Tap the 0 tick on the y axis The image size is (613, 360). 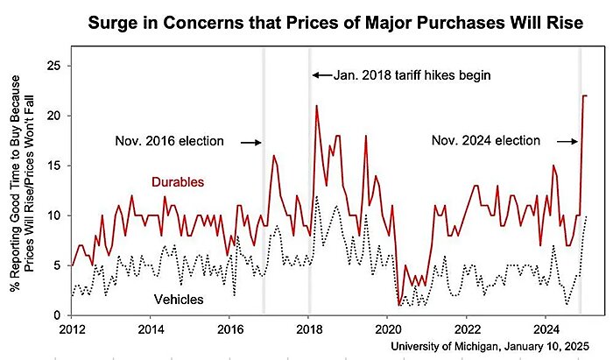pyautogui.click(x=56, y=315)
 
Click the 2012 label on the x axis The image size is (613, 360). pyautogui.click(x=72, y=330)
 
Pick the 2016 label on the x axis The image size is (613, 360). pyautogui.click(x=229, y=330)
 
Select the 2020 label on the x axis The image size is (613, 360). pyautogui.click(x=387, y=330)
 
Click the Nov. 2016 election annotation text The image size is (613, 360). pyautogui.click(x=170, y=141)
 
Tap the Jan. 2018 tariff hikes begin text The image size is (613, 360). pyautogui.click(x=411, y=75)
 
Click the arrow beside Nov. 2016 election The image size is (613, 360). pyautogui.click(x=250, y=141)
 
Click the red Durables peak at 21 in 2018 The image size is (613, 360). pyautogui.click(x=316, y=106)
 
